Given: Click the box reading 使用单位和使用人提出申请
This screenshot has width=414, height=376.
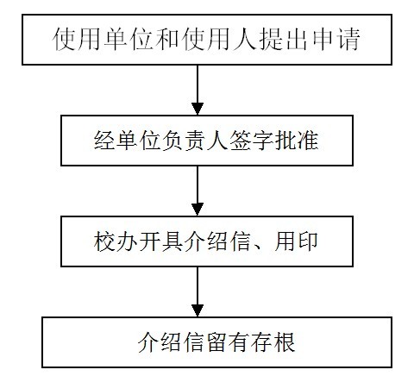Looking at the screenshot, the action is [207, 40].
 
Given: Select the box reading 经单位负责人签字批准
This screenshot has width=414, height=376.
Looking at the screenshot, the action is [207, 141].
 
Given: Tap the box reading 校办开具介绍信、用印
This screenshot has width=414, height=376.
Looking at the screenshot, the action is [207, 241].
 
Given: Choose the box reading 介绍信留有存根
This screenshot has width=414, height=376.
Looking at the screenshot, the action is [217, 342].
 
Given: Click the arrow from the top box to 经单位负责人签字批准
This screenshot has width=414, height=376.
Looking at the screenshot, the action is [198, 90].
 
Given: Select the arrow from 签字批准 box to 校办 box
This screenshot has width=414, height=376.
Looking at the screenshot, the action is [198, 191].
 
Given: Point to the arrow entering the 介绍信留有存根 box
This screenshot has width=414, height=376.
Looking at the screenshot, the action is [198, 291].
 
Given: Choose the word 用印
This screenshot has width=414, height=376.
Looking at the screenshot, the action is [296, 241].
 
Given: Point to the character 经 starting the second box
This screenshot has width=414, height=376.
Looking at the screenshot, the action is [104, 141].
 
